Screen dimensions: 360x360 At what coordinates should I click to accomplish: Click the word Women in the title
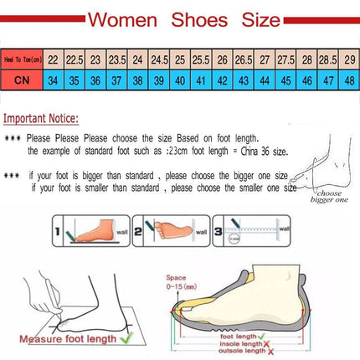pos(123,18)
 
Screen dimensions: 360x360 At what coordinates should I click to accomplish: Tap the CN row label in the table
pos(24,80)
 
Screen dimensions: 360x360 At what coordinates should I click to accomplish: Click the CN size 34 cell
pos(53,80)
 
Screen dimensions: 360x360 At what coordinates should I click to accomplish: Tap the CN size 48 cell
pos(347,80)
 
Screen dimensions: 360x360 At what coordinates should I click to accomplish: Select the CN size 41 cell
pos(201,80)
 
